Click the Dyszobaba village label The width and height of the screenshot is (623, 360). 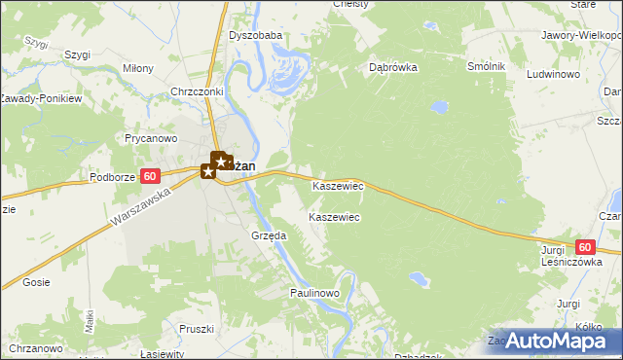tap(255, 36)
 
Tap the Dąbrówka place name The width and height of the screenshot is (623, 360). tap(393, 68)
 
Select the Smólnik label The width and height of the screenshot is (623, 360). tap(486, 65)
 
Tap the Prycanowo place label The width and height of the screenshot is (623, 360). tap(149, 138)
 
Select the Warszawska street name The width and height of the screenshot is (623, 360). tap(140, 208)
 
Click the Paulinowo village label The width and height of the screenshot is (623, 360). tap(313, 293)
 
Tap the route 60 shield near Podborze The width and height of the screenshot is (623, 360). tap(149, 176)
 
